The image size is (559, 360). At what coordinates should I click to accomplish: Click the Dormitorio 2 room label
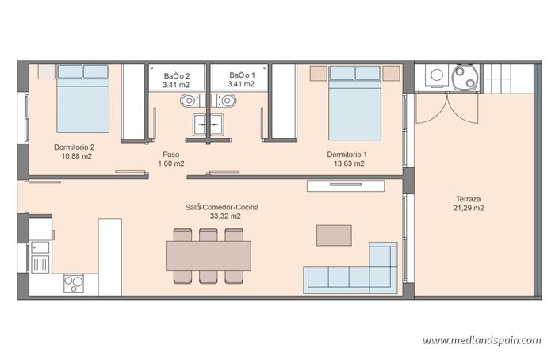(75, 147)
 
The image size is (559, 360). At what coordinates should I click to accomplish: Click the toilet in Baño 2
(188, 101)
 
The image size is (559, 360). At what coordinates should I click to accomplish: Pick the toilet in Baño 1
(228, 101)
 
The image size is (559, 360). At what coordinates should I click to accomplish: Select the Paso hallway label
(170, 155)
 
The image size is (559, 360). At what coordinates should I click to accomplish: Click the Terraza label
(468, 199)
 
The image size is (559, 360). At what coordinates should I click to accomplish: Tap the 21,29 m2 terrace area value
(469, 208)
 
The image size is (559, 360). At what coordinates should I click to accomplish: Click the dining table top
(208, 255)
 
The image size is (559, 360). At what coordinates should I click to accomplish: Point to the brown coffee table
(334, 235)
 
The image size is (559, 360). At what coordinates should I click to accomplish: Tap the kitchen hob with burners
(75, 281)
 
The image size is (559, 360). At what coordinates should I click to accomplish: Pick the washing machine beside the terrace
(435, 76)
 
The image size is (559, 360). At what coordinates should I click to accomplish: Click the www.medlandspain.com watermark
(481, 340)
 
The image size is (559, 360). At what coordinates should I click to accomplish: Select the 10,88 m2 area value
(77, 156)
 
